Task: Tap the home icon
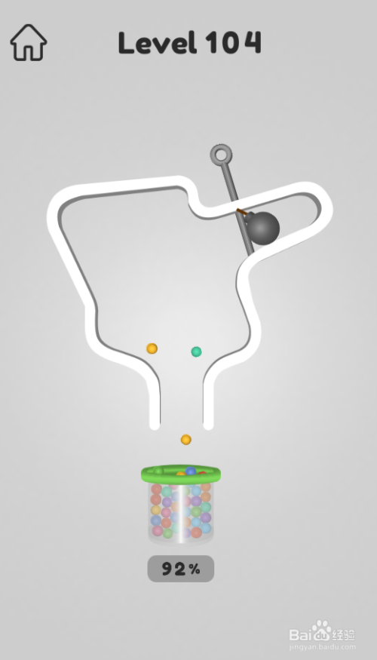click(29, 42)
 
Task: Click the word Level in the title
click(158, 42)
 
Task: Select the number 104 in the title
click(234, 42)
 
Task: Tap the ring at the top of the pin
click(222, 155)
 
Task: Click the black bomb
click(262, 228)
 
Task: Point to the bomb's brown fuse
click(242, 212)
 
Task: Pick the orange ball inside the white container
click(152, 348)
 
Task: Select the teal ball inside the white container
click(197, 351)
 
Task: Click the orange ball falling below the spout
click(186, 440)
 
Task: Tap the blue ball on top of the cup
click(191, 471)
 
